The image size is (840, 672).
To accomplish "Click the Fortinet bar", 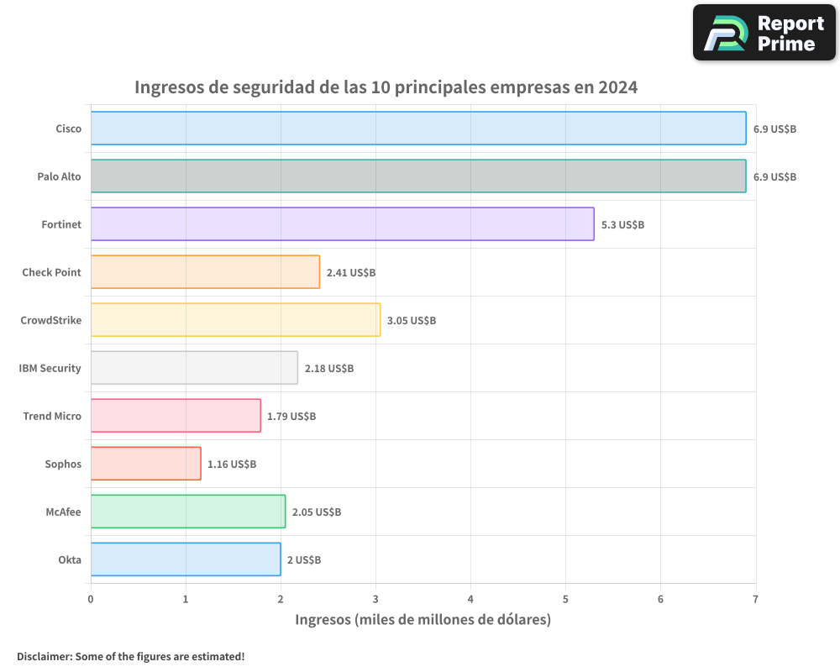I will [x=342, y=224].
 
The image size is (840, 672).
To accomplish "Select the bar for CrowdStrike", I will [x=235, y=320].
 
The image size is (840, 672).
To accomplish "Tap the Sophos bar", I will [x=145, y=464].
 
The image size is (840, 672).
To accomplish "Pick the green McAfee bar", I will [x=187, y=512].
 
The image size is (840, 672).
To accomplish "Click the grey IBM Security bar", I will [x=194, y=368].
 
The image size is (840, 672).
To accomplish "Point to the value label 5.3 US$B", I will [x=622, y=225].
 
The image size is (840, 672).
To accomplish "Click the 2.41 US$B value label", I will [x=351, y=273].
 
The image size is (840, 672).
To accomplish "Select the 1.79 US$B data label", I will [x=291, y=417].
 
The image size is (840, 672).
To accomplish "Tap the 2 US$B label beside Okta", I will [x=304, y=560].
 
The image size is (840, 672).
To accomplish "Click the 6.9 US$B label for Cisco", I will [x=774, y=129].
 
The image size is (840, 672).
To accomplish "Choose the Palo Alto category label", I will [x=59, y=176].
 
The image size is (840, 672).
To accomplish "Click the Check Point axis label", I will [x=52, y=272].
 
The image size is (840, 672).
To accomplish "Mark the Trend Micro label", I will [x=52, y=416].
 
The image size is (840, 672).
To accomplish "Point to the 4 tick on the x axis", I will [x=470, y=600].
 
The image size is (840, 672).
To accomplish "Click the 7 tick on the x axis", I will [x=755, y=600].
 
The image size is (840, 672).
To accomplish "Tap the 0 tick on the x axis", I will [x=91, y=600].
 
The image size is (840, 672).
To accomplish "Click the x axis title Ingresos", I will [x=323, y=620].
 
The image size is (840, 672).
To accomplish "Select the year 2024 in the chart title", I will [x=617, y=87].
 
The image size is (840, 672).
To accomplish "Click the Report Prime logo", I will [x=764, y=33].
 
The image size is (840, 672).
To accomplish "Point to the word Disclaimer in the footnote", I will [x=44, y=656].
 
